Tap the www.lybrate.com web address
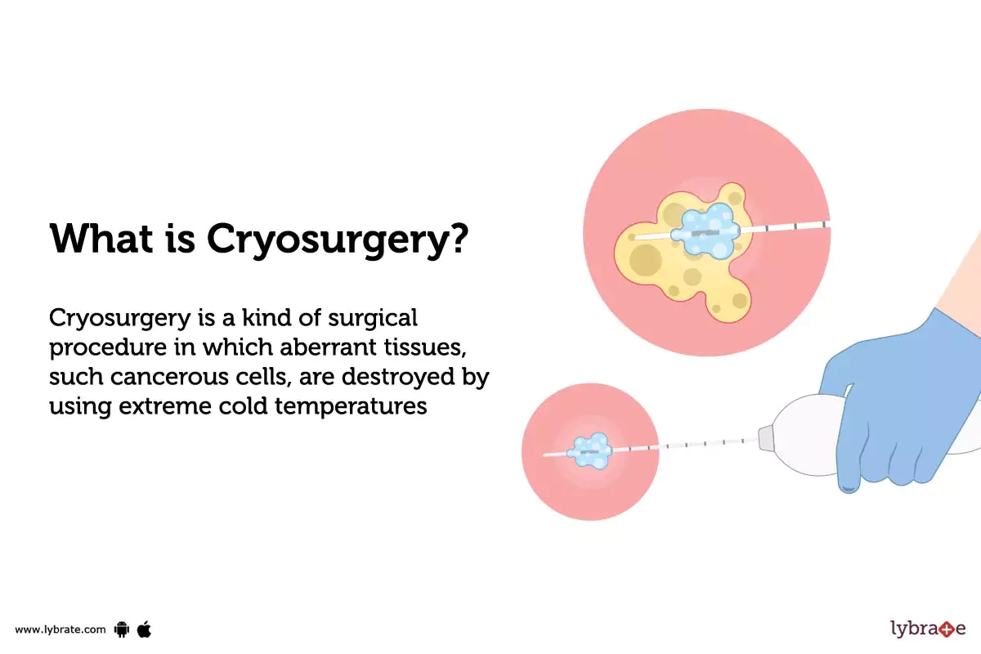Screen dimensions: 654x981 [60, 629]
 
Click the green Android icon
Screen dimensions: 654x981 [123, 629]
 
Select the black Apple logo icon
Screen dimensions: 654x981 [145, 629]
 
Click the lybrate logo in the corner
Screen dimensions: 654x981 [927, 629]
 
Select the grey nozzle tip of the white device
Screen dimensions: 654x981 [766, 439]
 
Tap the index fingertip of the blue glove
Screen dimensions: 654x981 [849, 486]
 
